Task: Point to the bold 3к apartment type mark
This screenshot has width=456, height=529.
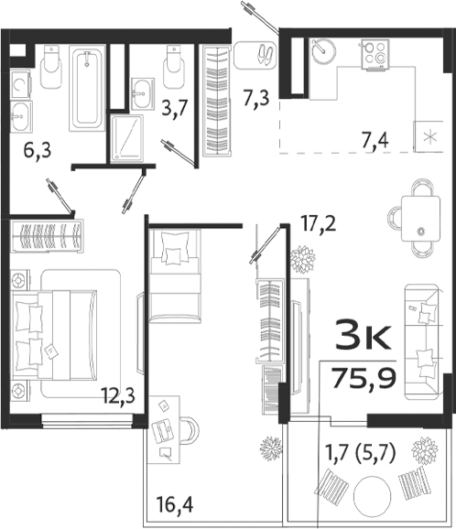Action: point(365,339)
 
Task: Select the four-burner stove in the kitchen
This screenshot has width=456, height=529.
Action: point(375,52)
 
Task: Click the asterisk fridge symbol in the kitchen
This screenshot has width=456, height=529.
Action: point(429,139)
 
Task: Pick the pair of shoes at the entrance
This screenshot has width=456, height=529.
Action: point(265,52)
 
